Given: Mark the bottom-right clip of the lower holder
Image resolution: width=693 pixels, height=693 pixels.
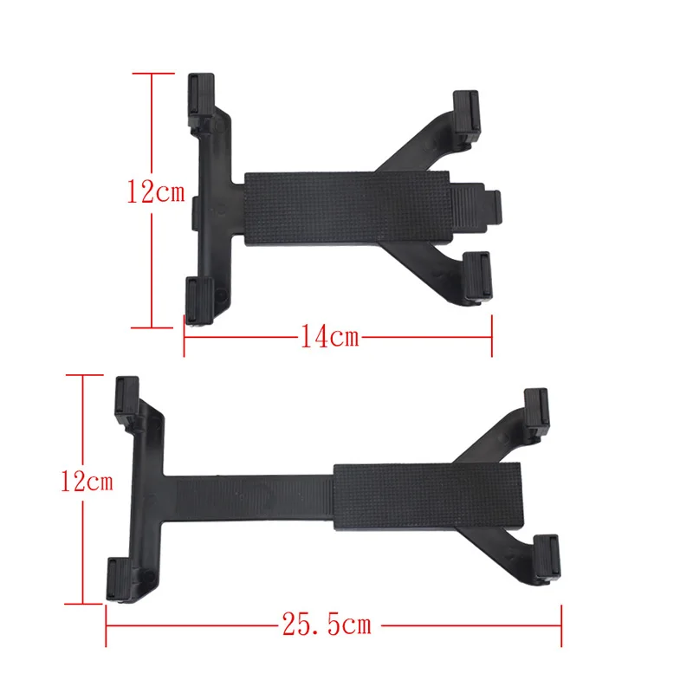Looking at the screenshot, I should point(547,556).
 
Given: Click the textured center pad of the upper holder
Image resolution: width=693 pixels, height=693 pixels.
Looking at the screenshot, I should point(346,208).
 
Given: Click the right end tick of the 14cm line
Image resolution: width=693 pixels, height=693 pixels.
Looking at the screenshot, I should point(491,336).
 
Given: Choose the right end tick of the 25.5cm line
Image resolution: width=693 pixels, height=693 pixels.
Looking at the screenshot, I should point(563,624).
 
